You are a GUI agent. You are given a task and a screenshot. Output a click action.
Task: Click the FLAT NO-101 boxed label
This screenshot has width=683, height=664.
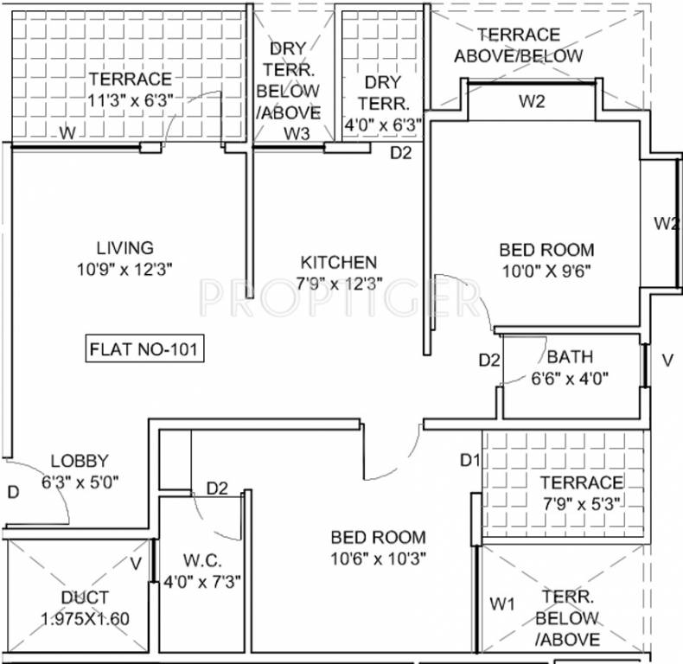pos(145,350)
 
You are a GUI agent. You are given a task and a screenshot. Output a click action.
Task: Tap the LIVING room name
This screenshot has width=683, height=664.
pos(124,248)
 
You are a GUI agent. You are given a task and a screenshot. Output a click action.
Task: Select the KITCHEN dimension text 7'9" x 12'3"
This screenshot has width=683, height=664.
pos(337,283)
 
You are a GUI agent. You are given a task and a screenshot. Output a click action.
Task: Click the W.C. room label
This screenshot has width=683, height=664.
pos(204,559)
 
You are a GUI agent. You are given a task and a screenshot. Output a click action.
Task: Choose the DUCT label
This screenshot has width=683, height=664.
pos(85,597)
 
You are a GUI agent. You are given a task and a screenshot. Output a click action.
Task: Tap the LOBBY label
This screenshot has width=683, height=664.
pos(80,461)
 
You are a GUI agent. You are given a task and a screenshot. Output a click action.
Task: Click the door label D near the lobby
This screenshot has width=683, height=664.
pos(13,492)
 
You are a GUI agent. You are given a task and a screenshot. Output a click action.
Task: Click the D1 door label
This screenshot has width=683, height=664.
pos(469,459)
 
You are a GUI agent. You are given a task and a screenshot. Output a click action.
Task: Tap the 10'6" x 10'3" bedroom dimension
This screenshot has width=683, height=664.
pos(377,558)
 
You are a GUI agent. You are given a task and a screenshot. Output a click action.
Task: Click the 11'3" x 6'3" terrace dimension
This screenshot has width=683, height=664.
pos(130,100)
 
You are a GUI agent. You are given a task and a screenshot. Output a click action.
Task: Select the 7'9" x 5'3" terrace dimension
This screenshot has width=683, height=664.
pos(581,503)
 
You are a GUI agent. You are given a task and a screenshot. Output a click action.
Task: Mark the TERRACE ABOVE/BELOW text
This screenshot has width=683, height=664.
pos(519,45)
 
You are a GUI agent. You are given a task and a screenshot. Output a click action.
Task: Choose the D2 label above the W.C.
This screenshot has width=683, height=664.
pos(216,488)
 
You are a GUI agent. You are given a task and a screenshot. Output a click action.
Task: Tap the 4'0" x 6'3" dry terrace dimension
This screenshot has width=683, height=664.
pos(382,124)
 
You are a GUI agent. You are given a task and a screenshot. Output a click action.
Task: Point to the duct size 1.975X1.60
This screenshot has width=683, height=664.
pos(85,619)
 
